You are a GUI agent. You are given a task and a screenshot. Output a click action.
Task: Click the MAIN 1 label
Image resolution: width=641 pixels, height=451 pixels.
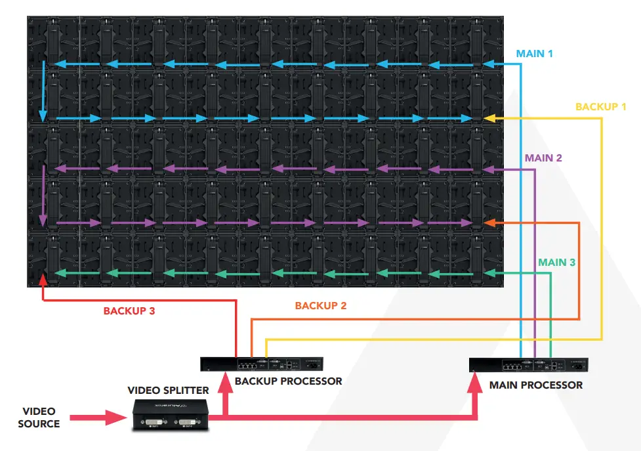534,53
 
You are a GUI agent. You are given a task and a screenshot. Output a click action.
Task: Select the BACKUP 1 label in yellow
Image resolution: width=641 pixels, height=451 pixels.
600,106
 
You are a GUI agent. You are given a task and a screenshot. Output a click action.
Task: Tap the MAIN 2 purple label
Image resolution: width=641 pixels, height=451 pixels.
543,158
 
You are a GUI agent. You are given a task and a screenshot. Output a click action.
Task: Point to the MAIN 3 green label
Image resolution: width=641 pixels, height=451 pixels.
556,263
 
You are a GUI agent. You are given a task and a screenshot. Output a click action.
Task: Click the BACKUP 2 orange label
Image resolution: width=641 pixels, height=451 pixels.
320,306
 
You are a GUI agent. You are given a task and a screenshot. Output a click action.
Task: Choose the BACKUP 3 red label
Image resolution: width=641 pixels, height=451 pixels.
129,311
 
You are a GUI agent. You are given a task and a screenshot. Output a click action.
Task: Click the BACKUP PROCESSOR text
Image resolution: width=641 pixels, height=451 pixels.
288,381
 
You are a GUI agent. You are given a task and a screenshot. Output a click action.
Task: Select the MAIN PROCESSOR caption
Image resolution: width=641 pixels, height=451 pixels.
535,385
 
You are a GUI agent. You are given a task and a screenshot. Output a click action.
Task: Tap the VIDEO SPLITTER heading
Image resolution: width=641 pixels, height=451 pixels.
168,391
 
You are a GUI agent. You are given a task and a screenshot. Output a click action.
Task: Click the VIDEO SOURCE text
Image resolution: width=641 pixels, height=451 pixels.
39,418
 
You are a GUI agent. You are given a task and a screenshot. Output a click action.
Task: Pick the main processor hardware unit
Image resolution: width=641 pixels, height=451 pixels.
529,366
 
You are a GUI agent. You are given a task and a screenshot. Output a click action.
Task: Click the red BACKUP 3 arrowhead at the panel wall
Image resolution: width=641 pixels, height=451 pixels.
44,280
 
